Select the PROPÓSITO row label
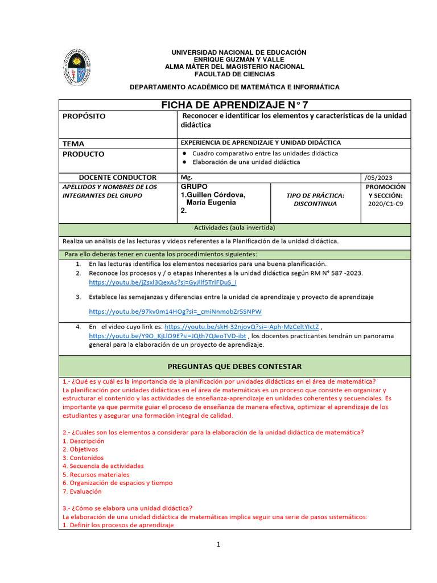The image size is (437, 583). pyautogui.click(x=84, y=116)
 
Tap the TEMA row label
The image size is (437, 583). pyautogui.click(x=73, y=144)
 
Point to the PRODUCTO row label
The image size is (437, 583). pyautogui.click(x=84, y=154)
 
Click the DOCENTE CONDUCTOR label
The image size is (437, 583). pyautogui.click(x=117, y=178)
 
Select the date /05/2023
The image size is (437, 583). pyautogui.click(x=377, y=178)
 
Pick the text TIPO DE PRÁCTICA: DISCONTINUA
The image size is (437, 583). pyautogui.click(x=315, y=199)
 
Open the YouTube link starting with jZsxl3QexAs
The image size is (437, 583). pyautogui.click(x=163, y=282)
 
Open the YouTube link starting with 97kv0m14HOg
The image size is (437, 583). pyautogui.click(x=176, y=311)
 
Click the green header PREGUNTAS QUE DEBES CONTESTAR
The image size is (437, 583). pyautogui.click(x=234, y=366)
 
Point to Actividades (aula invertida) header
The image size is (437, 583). pyautogui.click(x=234, y=228)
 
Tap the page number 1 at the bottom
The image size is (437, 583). pyautogui.click(x=218, y=544)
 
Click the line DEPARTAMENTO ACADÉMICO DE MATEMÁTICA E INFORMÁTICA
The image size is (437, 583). pyautogui.click(x=234, y=87)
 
